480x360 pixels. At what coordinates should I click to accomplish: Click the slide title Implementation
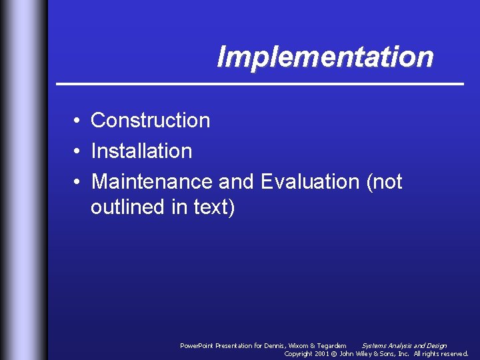[325, 57]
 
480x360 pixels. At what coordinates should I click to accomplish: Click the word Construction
[150, 120]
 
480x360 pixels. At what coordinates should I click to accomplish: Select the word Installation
[141, 151]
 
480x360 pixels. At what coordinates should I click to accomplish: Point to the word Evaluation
[310, 181]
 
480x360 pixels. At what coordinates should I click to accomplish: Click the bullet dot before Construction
[77, 121]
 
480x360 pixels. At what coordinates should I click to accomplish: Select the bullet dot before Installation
[77, 151]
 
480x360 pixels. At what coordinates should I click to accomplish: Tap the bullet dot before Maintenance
[77, 182]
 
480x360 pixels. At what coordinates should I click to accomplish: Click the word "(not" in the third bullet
[384, 181]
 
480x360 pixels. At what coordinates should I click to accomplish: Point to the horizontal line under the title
[259, 84]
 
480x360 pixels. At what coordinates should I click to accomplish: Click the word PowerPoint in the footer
[197, 345]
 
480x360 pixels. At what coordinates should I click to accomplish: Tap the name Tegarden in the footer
[331, 345]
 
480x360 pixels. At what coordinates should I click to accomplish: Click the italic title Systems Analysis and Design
[404, 345]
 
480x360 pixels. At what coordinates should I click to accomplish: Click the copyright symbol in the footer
[334, 353]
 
